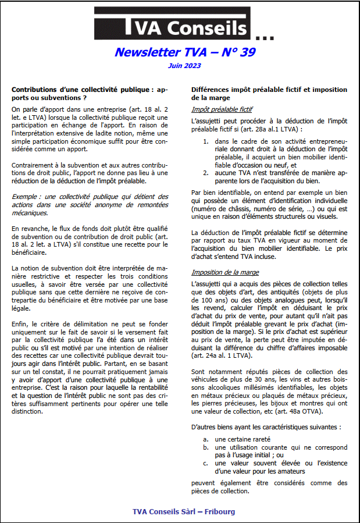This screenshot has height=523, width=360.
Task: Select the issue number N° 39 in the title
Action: [x=235, y=52]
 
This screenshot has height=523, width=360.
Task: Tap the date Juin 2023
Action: [x=184, y=66]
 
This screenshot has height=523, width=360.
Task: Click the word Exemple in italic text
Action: [x=27, y=197]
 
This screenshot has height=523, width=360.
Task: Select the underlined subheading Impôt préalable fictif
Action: [x=222, y=109]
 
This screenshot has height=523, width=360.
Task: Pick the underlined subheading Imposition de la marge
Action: [x=225, y=272]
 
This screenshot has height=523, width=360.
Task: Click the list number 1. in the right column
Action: [x=206, y=141]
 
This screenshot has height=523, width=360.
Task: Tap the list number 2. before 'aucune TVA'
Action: [x=206, y=173]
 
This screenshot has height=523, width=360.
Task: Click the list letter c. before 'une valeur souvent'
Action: [x=206, y=463]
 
